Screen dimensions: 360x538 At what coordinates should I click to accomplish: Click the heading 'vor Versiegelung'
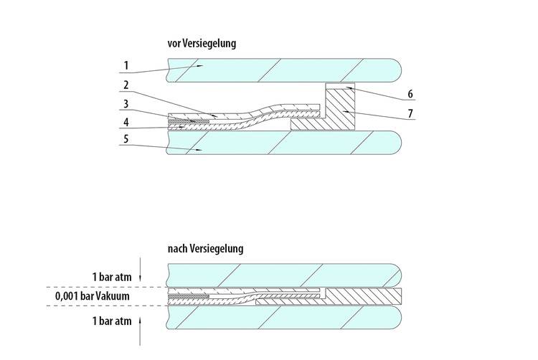coord(201,44)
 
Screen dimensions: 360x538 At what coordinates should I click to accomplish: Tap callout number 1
coord(126,65)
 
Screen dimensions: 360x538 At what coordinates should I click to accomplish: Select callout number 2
coord(126,85)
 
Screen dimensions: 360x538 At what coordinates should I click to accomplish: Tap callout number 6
coord(410,94)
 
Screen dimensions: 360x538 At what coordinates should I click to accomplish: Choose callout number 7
coord(410,113)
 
